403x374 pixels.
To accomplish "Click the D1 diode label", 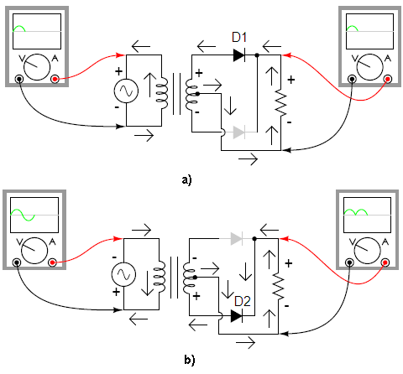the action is [239, 37].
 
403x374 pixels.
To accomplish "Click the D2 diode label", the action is [243, 301].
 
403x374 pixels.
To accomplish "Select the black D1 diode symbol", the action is [239, 55].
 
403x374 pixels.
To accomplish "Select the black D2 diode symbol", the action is [237, 316].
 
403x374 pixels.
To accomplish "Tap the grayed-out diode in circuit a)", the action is [239, 132].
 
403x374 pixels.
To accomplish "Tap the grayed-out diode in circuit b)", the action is [237, 239].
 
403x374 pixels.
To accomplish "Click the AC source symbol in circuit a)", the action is [126, 91].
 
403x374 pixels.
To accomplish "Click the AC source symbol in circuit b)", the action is [123, 274].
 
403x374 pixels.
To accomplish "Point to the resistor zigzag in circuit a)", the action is [280, 102].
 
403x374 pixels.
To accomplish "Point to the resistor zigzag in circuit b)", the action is [278, 286].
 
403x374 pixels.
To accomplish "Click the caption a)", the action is [186, 179].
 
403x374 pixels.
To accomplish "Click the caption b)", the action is [190, 360].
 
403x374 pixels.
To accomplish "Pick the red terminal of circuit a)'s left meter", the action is [55, 80].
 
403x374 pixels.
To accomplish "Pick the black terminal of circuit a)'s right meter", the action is [352, 80].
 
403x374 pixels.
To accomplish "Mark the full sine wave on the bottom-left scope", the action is [23, 215].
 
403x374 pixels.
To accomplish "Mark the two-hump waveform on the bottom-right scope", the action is [356, 212].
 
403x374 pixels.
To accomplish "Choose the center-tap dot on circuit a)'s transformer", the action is [197, 94].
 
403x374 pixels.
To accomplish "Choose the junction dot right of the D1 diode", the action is [257, 55].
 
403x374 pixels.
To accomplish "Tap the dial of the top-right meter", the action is [370, 67].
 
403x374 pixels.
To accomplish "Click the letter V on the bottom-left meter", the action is [19, 242].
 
